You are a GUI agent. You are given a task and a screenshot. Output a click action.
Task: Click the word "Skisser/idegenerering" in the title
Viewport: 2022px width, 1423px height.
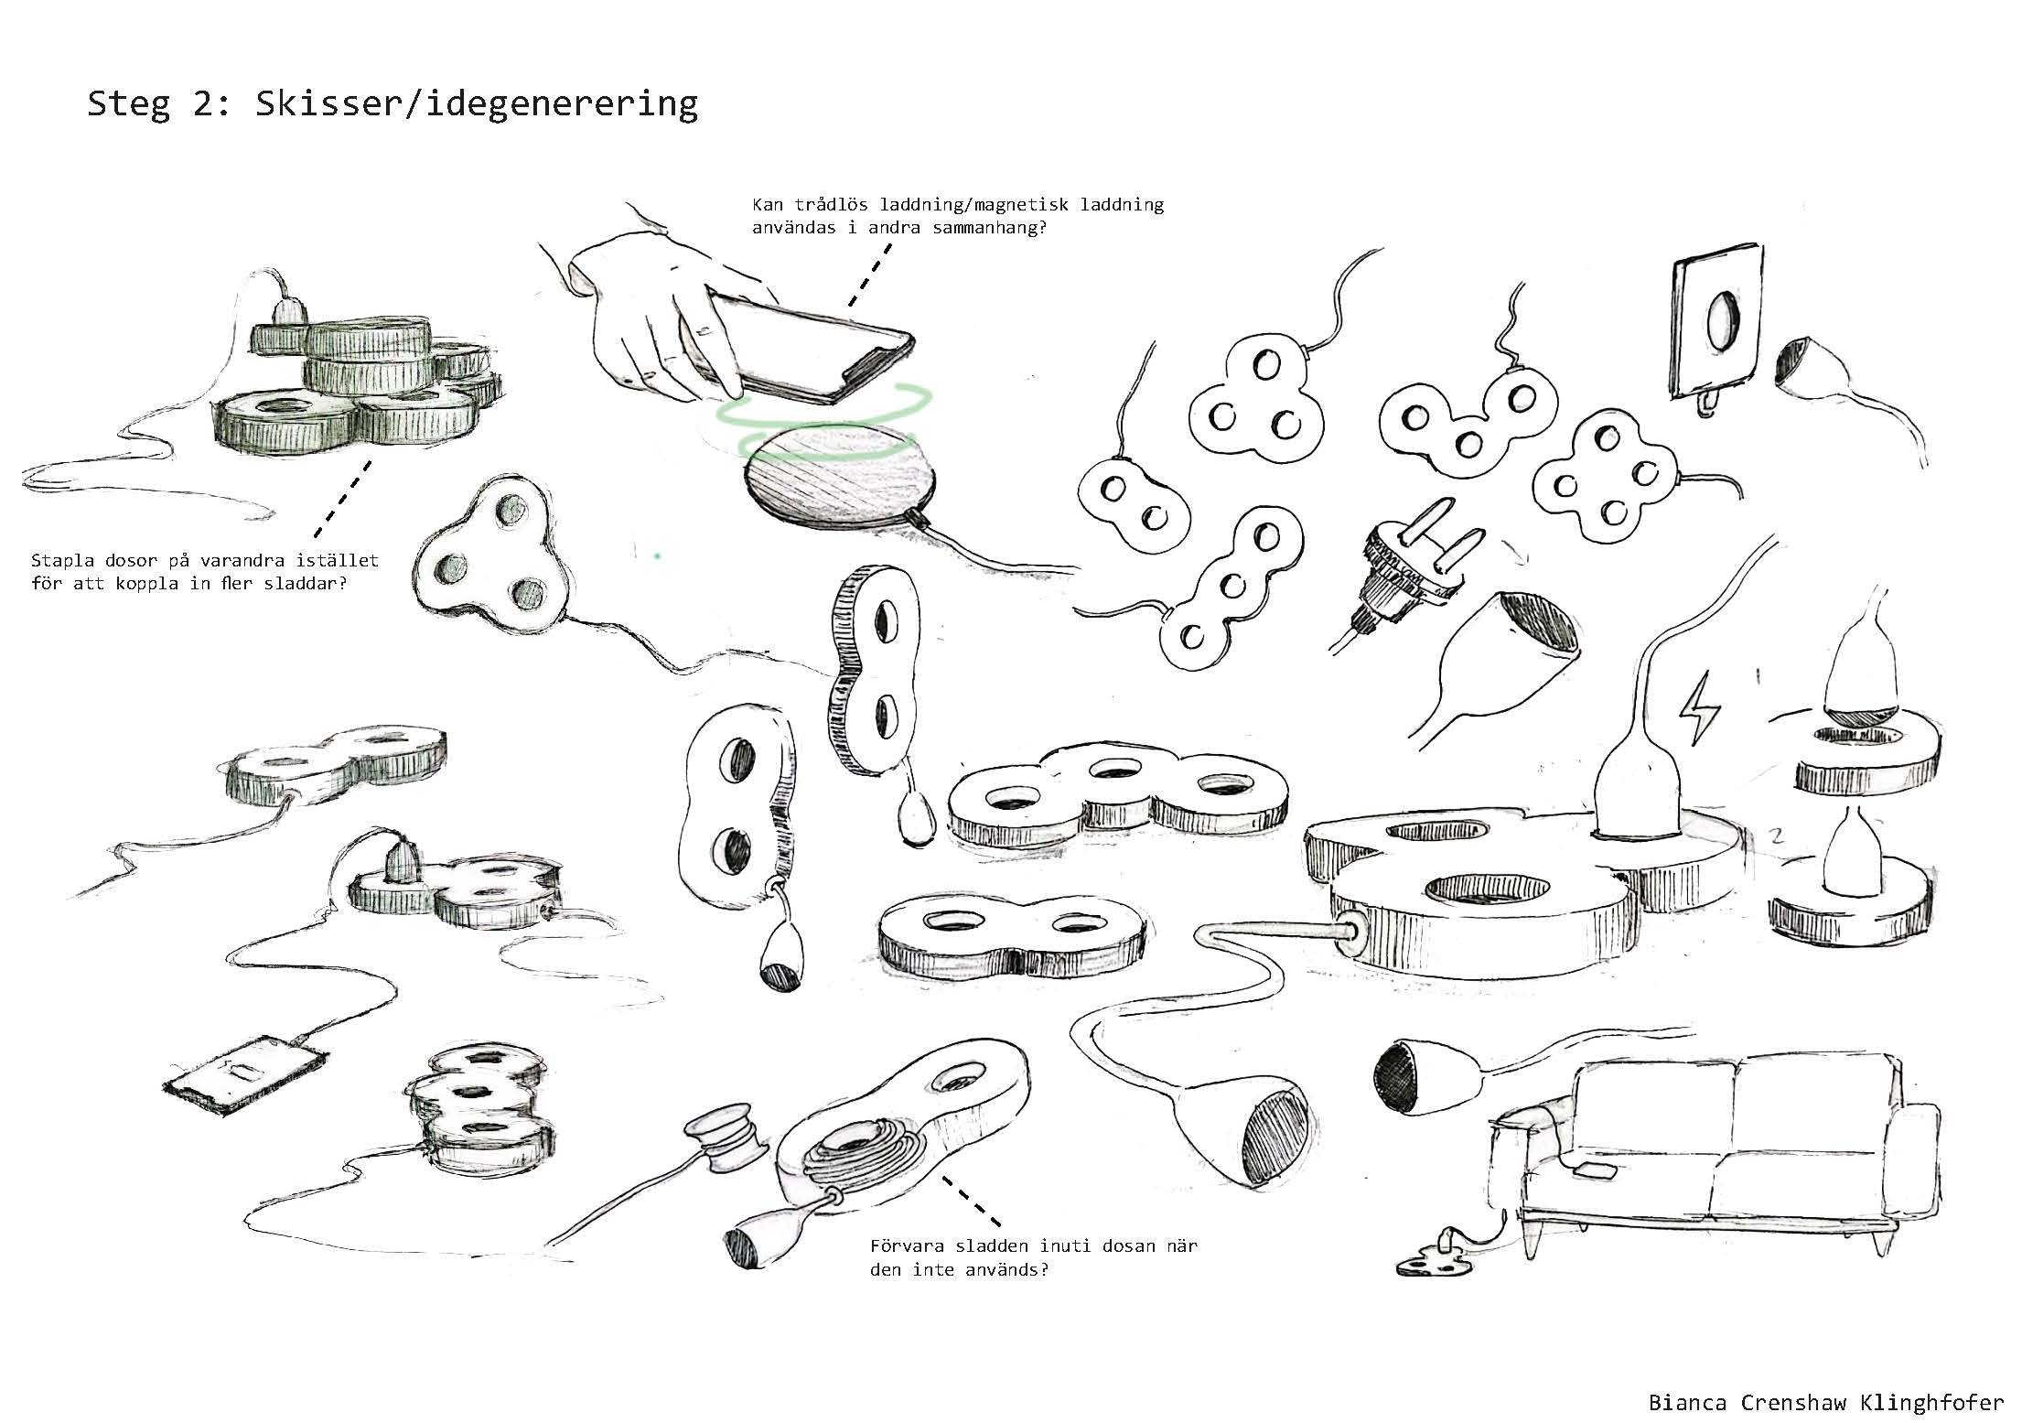click(x=477, y=104)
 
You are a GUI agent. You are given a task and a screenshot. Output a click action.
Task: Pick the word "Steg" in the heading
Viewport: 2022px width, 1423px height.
click(x=128, y=104)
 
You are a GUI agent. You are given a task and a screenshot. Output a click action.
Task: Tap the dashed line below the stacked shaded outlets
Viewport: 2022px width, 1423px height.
click(x=342, y=499)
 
